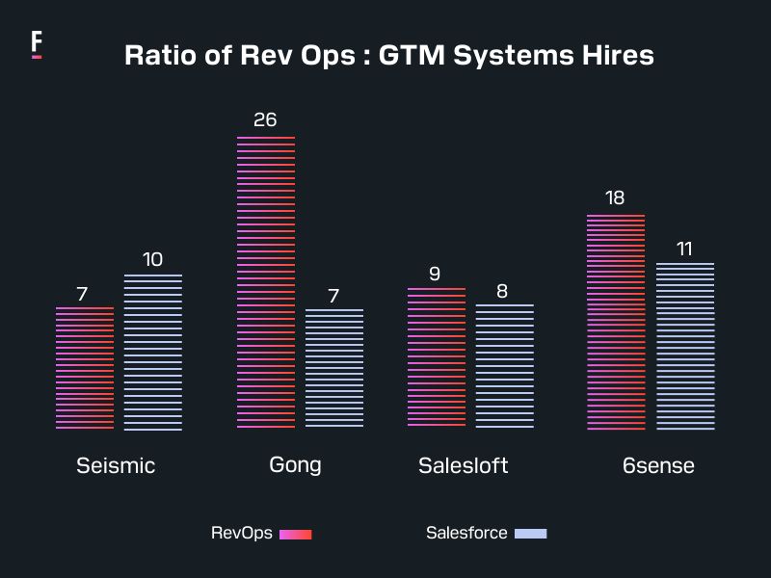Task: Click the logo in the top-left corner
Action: [37, 44]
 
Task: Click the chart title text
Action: [389, 55]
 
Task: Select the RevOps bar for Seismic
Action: [85, 368]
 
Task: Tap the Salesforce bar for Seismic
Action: [153, 352]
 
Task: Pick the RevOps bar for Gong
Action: [266, 282]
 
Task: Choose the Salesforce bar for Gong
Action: [334, 368]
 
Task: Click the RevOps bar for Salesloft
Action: [437, 357]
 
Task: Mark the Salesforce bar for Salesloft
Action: [504, 366]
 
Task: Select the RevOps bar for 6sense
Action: [616, 322]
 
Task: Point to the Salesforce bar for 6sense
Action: [685, 346]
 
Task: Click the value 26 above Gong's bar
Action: [265, 119]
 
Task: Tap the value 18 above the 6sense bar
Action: [615, 197]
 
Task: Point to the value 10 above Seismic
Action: [152, 259]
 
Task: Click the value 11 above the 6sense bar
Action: [684, 249]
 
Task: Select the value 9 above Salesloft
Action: [435, 274]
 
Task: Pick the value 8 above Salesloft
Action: [502, 291]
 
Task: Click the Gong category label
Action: [295, 464]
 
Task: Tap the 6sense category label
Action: [658, 465]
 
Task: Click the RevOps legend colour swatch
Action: [295, 534]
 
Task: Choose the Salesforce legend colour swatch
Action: [530, 533]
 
